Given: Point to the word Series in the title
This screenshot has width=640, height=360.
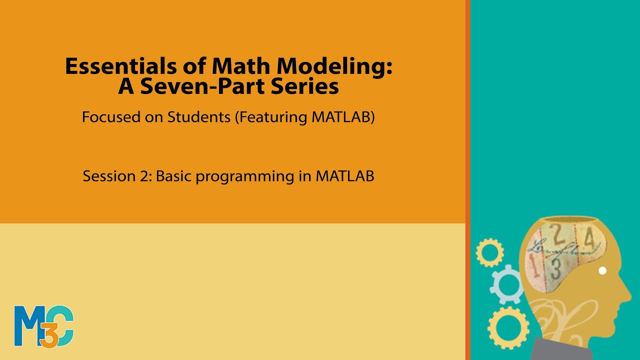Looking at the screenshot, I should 306,86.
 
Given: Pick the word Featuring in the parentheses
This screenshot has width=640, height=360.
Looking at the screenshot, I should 271,117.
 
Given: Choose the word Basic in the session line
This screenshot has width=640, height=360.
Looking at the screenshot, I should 173,176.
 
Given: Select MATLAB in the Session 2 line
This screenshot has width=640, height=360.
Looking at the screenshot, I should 344,176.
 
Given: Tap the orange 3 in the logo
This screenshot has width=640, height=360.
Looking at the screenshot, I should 48,336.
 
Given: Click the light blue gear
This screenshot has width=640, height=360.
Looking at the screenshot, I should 505,283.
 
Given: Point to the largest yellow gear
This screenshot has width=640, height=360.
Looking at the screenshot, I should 508,327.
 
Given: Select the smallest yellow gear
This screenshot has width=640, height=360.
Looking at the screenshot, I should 489,252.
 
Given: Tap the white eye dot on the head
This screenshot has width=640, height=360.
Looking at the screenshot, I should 602,270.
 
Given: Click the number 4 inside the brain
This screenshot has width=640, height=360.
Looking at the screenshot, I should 590,240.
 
